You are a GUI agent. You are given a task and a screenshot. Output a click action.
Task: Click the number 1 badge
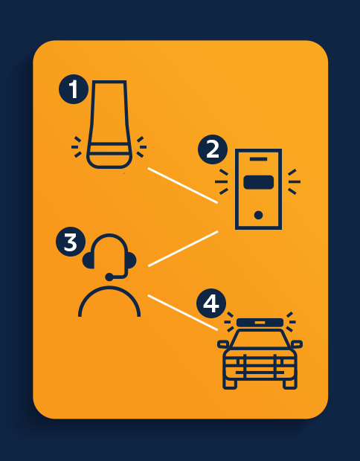pos(74,89)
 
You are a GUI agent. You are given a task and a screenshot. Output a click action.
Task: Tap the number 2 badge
pos(213,149)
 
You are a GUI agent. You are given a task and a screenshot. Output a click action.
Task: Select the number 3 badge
pos(71,242)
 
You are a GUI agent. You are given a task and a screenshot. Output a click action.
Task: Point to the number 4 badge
pos(211,303)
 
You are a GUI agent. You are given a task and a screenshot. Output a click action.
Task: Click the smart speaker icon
pos(109,124)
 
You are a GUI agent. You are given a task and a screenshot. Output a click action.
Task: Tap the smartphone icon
pos(259,189)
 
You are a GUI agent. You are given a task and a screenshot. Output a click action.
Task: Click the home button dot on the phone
pos(259,215)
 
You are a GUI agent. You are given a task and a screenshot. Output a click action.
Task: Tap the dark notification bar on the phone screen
pos(259,182)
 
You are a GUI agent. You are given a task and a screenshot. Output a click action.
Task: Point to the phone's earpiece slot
pos(259,159)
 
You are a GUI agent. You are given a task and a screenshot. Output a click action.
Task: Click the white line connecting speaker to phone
pos(183,186)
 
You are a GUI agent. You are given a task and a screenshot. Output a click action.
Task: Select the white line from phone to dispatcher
pos(183,249)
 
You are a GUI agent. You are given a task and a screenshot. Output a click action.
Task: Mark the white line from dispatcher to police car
pos(183,313)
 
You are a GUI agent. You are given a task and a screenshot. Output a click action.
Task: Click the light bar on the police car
pos(260,323)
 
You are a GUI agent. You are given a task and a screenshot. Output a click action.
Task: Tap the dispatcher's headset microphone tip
pos(109,277)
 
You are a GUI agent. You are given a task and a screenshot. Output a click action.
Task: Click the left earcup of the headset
pos(89,260)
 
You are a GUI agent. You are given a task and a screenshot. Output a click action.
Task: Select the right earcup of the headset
pos(132,260)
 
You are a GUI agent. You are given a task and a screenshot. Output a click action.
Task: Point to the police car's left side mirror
pos(223,344)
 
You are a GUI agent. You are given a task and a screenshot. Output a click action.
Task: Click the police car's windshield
pos(260,339)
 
